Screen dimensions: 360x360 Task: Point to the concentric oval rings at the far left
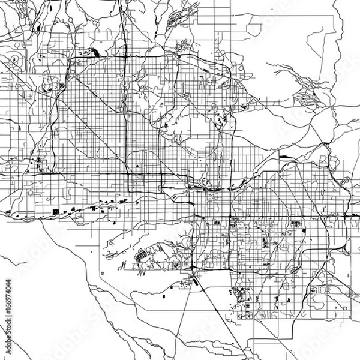tap(13, 59)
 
